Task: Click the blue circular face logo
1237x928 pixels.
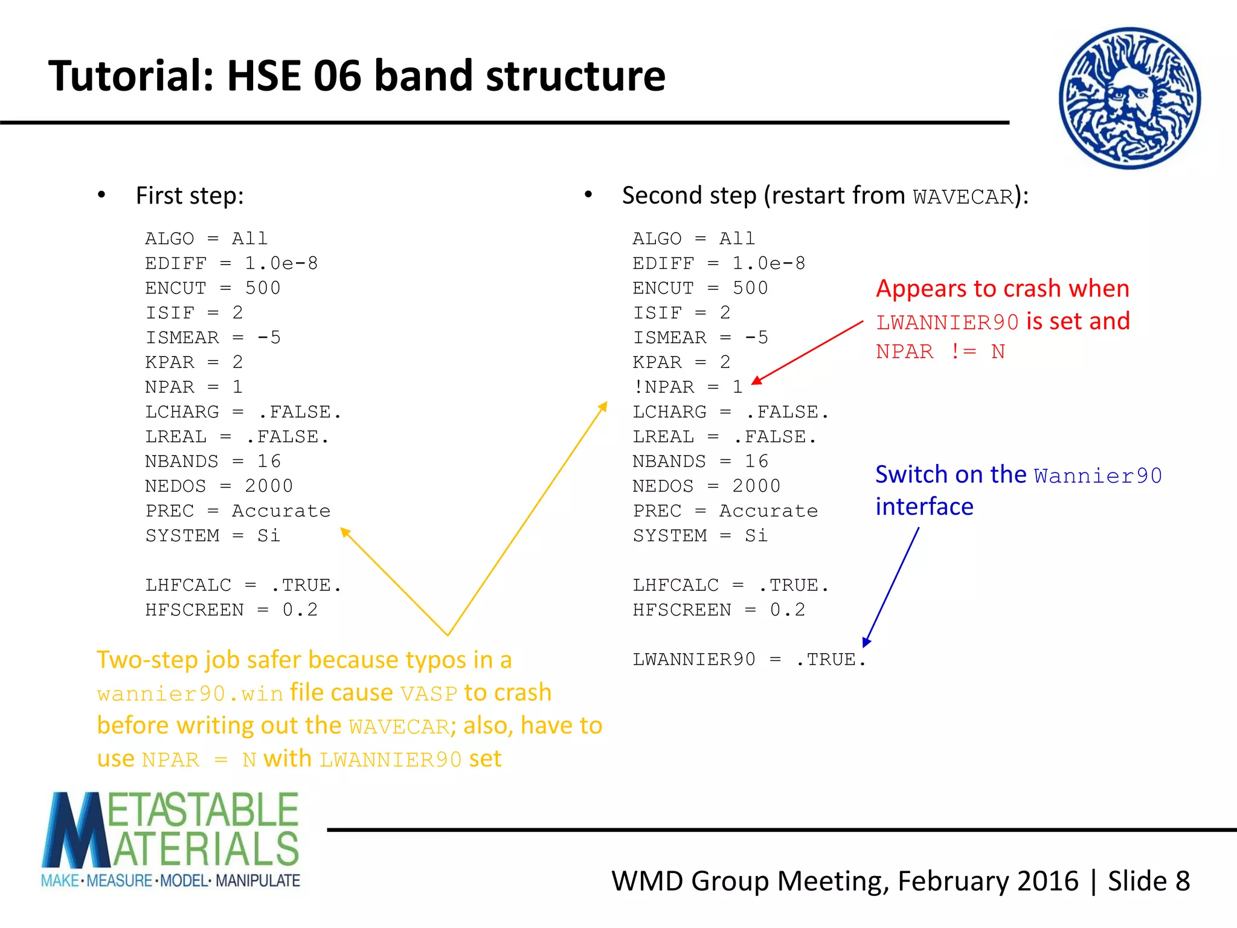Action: (1129, 98)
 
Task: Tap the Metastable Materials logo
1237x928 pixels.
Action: (170, 840)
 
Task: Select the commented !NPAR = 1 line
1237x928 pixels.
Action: (687, 387)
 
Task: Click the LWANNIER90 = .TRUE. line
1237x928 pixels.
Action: (749, 659)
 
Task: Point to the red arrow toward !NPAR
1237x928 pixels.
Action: (808, 352)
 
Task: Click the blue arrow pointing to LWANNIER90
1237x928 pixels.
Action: (892, 586)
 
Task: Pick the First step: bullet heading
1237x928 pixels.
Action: (189, 196)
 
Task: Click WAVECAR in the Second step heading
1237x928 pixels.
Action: (963, 197)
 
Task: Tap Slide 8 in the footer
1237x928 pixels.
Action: (1148, 881)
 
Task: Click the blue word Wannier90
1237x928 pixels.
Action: (1097, 476)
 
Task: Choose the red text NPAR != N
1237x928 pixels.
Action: (940, 352)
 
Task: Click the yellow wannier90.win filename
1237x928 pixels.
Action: (190, 694)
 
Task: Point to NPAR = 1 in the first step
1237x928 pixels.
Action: (193, 387)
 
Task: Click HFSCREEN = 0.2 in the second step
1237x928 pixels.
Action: (719, 610)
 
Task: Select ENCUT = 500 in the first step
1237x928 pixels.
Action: (213, 288)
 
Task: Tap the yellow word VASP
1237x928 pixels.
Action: (428, 694)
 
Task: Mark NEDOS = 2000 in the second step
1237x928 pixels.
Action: (706, 486)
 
